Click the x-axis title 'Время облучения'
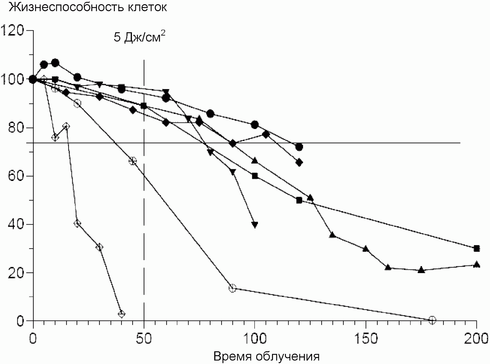tap(266, 356)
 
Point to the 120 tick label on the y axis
tap(13, 31)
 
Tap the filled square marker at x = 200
tap(476, 248)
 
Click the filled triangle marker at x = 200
tap(476, 265)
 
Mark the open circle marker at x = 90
tap(232, 288)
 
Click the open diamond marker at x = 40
tap(121, 314)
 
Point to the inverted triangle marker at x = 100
tap(255, 225)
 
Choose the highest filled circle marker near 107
tap(55, 63)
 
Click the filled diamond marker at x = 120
tap(299, 163)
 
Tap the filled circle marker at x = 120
tap(299, 147)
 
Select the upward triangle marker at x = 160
tap(388, 267)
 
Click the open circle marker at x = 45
tap(133, 161)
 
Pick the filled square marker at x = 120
tap(299, 200)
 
